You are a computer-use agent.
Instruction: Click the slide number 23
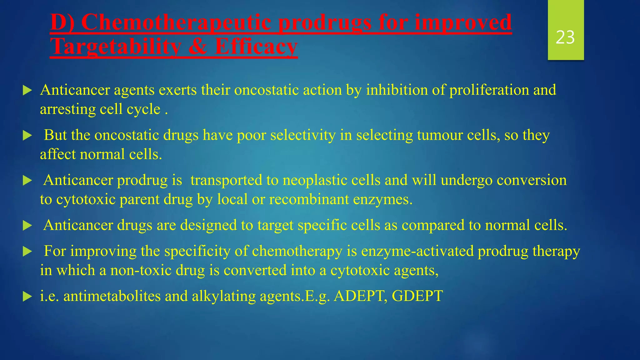coord(565,37)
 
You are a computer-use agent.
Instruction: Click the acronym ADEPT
coord(358,296)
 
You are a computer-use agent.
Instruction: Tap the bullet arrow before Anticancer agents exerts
coord(27,91)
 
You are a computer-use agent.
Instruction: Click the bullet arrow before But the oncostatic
coord(27,136)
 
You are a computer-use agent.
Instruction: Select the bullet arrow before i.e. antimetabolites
coord(27,297)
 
